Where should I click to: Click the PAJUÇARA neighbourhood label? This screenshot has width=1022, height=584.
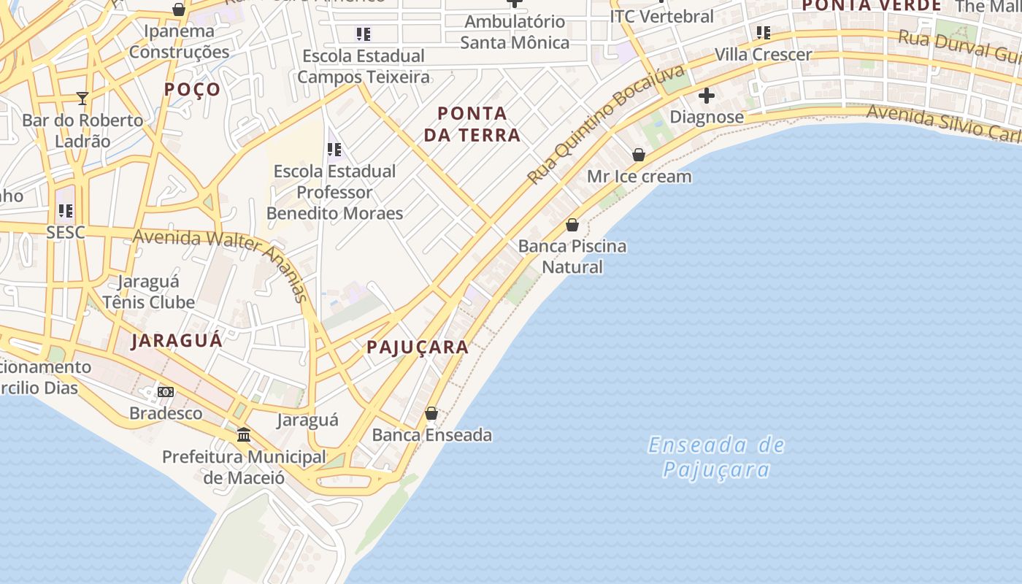[418, 347]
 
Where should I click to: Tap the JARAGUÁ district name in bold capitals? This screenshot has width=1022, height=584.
[177, 340]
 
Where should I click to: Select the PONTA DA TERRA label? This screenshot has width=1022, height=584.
[472, 124]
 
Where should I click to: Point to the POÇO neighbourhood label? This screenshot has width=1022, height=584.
[192, 89]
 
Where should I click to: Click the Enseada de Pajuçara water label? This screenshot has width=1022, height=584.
[716, 456]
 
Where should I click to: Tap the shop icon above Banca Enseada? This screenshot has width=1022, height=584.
[431, 413]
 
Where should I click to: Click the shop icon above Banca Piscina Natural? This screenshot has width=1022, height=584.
[572, 224]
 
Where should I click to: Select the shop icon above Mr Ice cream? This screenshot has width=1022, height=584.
[639, 155]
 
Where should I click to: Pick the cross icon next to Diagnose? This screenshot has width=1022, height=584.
[706, 96]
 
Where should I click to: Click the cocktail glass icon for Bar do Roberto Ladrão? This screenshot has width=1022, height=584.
[82, 99]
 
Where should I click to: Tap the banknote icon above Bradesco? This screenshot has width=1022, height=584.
[166, 392]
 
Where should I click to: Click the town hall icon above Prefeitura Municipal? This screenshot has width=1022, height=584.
[244, 434]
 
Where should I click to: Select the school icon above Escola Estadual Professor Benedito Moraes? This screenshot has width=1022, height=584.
[334, 150]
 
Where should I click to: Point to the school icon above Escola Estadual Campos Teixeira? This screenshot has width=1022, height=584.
[363, 34]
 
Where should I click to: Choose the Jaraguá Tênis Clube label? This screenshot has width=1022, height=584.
[149, 292]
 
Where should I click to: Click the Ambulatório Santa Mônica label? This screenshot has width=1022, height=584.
[515, 32]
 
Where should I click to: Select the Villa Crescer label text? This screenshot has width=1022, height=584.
[763, 55]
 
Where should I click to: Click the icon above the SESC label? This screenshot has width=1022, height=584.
[66, 212]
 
